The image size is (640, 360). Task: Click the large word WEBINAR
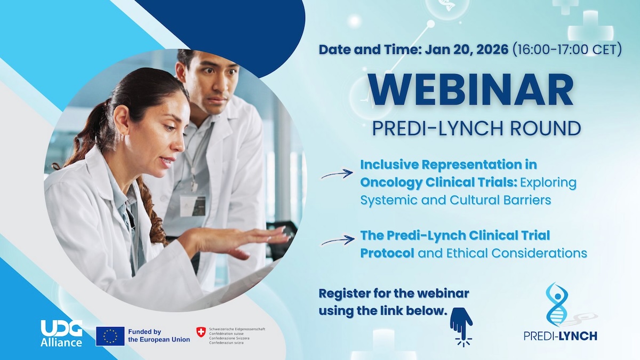[x=471, y=90]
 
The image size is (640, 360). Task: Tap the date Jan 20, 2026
[x=467, y=50]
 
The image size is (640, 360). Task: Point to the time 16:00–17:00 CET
[x=567, y=50]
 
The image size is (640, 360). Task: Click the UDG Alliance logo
[x=61, y=333]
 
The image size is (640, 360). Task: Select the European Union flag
[x=110, y=337]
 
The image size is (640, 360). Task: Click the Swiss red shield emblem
[x=201, y=332]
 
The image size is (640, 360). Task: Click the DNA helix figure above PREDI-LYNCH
[x=558, y=305]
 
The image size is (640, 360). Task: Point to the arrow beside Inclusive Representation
[x=337, y=174]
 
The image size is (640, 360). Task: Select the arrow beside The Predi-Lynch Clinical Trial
[x=338, y=241]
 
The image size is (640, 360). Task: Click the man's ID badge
[x=193, y=206]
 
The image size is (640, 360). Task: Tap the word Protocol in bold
[x=387, y=253]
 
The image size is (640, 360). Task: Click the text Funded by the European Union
[x=159, y=335]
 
